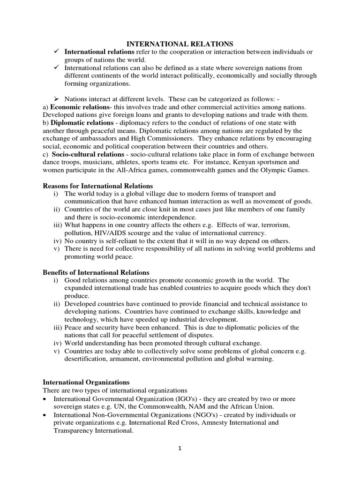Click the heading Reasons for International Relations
(x=97, y=186)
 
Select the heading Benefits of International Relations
(x=96, y=272)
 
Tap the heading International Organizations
(x=86, y=382)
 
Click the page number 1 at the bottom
(x=180, y=448)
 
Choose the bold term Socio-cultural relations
(x=86, y=154)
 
